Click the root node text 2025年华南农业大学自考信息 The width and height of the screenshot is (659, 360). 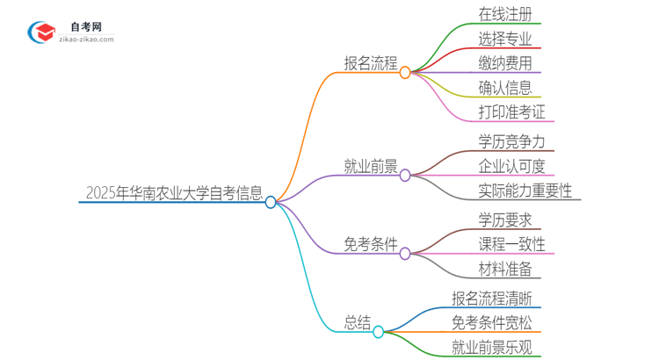(x=174, y=193)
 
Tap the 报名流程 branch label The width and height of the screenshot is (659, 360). (x=370, y=64)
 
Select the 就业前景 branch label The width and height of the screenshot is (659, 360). (x=370, y=167)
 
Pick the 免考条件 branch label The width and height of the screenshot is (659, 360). (x=370, y=244)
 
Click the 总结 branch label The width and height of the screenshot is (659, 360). (x=356, y=322)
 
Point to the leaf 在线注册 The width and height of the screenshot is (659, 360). (x=505, y=15)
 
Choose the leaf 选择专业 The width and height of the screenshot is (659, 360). (x=505, y=39)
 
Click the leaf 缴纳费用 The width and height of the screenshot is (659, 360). (x=505, y=63)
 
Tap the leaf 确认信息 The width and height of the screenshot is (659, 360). (x=505, y=87)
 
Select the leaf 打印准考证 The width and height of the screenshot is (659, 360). (x=512, y=112)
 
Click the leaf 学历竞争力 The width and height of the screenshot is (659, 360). (x=512, y=141)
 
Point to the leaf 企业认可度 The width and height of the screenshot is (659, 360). (x=512, y=166)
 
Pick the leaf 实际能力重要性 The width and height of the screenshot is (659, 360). (x=525, y=191)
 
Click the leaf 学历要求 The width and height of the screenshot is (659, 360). (x=505, y=220)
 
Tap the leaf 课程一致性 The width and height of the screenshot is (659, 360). (x=512, y=244)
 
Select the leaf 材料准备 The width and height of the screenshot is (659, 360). (x=505, y=269)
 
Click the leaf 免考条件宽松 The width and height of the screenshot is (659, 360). (x=492, y=322)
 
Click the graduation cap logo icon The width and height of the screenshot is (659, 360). (x=41, y=33)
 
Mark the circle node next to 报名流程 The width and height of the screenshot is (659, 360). (x=405, y=73)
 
